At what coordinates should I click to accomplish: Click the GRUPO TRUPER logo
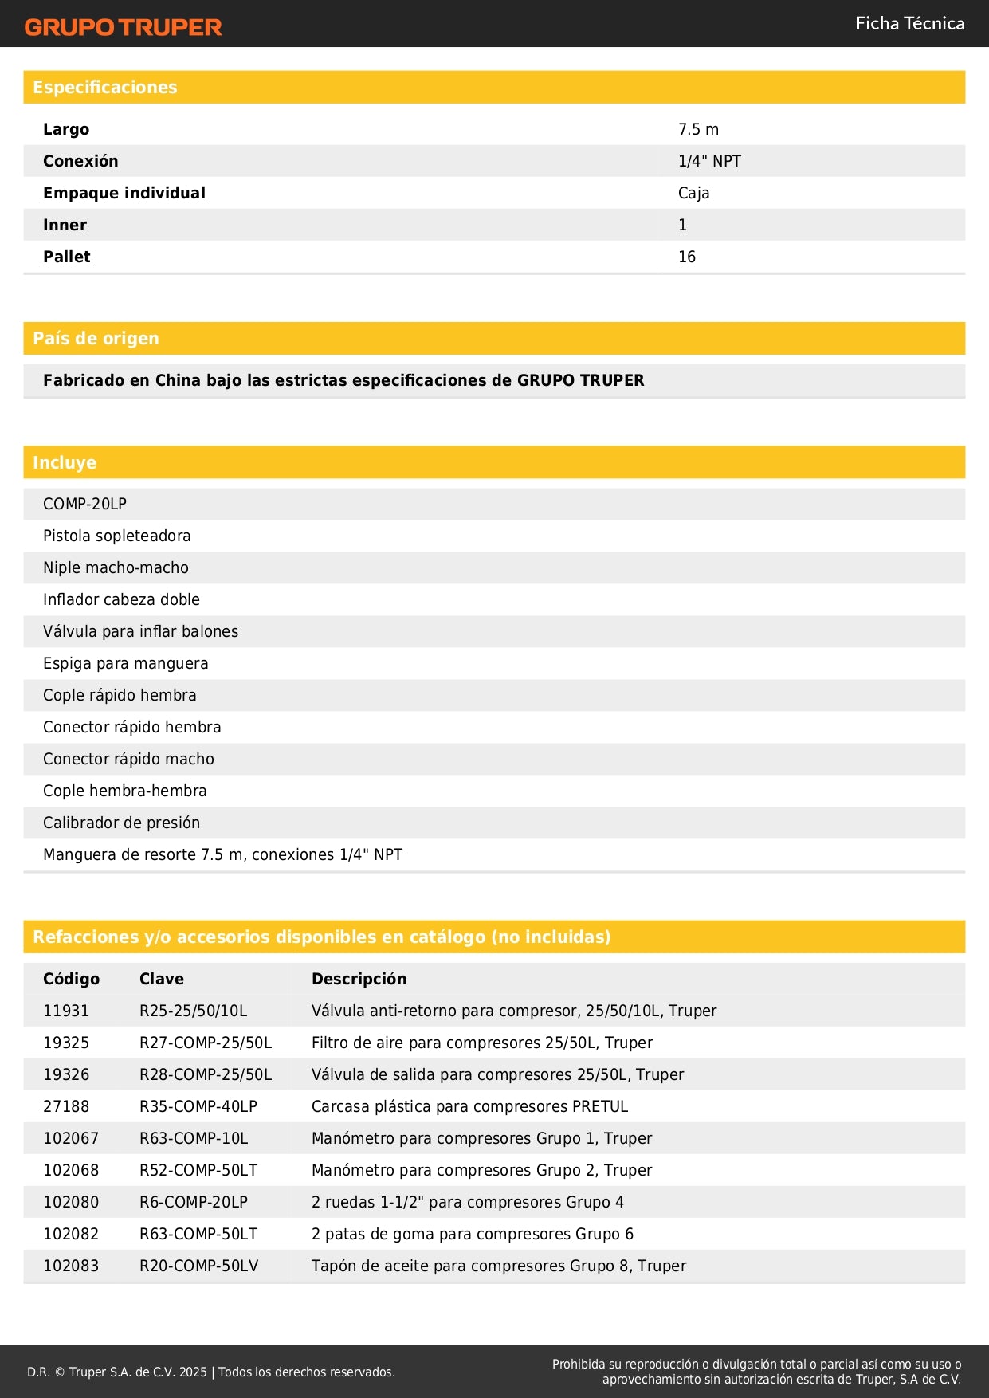[x=123, y=27]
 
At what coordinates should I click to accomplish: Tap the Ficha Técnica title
[x=909, y=24]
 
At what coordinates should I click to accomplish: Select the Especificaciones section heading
[x=105, y=88]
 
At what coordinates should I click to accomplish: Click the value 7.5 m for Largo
[x=698, y=129]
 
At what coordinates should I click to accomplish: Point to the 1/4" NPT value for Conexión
[x=709, y=161]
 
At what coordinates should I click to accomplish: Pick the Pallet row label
[x=67, y=257]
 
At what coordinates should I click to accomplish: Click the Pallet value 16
[x=687, y=257]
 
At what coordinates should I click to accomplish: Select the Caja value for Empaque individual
[x=693, y=193]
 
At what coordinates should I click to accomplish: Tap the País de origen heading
[x=96, y=339]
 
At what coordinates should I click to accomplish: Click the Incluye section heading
[x=65, y=462]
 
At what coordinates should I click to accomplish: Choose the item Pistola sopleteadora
[x=117, y=536]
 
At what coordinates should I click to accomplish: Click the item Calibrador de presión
[x=121, y=823]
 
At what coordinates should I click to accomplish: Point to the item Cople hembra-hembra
[x=125, y=791]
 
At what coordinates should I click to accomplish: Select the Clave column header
[x=162, y=979]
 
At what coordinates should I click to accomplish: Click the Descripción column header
[x=359, y=979]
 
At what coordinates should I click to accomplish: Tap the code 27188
[x=66, y=1106]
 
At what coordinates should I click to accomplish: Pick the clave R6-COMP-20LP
[x=194, y=1202]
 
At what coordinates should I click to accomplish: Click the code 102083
[x=71, y=1266]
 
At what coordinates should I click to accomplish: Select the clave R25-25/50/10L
[x=193, y=1011]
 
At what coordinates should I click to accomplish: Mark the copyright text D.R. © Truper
[x=210, y=1372]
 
